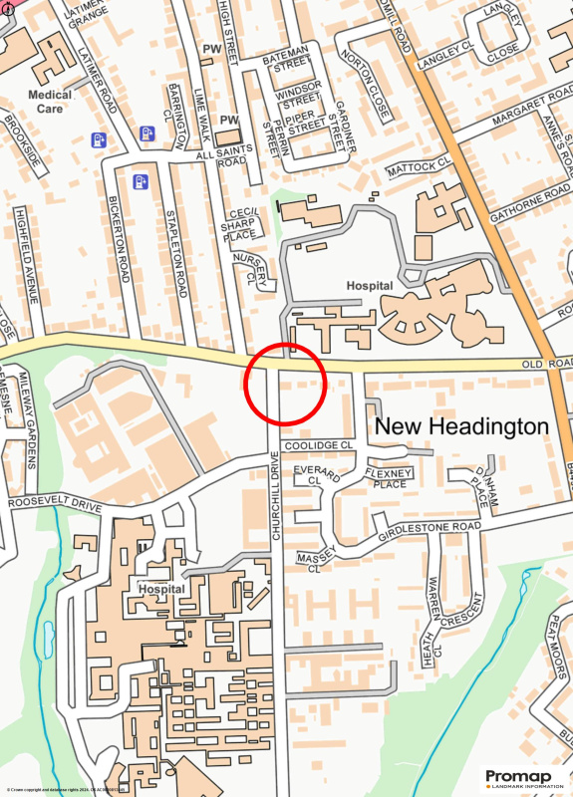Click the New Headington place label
460,426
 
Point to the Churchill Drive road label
276,496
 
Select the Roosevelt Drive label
54,505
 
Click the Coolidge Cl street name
319,445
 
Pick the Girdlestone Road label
430,527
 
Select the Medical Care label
50,102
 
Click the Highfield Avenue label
27,255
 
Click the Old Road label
546,365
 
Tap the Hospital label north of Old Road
370,285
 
